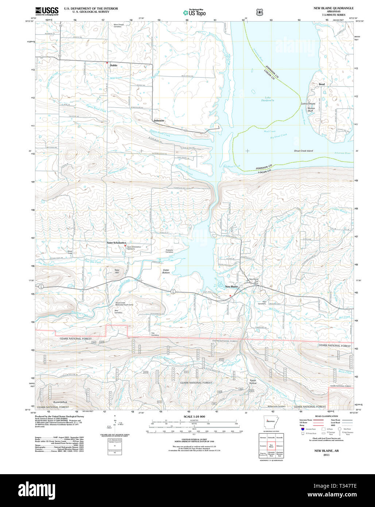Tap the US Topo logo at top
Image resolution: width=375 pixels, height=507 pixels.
[x=194, y=12]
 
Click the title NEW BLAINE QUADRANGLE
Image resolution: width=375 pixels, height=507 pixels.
[x=333, y=8]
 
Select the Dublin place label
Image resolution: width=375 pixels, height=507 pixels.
[x=113, y=65]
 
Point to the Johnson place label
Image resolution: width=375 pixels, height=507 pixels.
[x=159, y=120]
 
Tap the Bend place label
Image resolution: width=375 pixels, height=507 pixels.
[x=321, y=84]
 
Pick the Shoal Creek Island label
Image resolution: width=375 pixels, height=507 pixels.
[x=303, y=151]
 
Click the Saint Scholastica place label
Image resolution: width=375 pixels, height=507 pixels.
[x=116, y=243]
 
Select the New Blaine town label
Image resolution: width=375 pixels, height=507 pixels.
[x=231, y=287]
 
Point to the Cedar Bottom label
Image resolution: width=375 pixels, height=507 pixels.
[x=166, y=271]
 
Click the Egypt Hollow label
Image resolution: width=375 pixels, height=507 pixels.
[x=253, y=382]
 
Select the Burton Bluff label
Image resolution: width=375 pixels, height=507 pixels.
[x=311, y=109]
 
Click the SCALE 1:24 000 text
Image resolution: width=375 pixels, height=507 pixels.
[x=194, y=417]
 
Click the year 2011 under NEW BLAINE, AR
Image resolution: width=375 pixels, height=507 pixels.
[x=326, y=455]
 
